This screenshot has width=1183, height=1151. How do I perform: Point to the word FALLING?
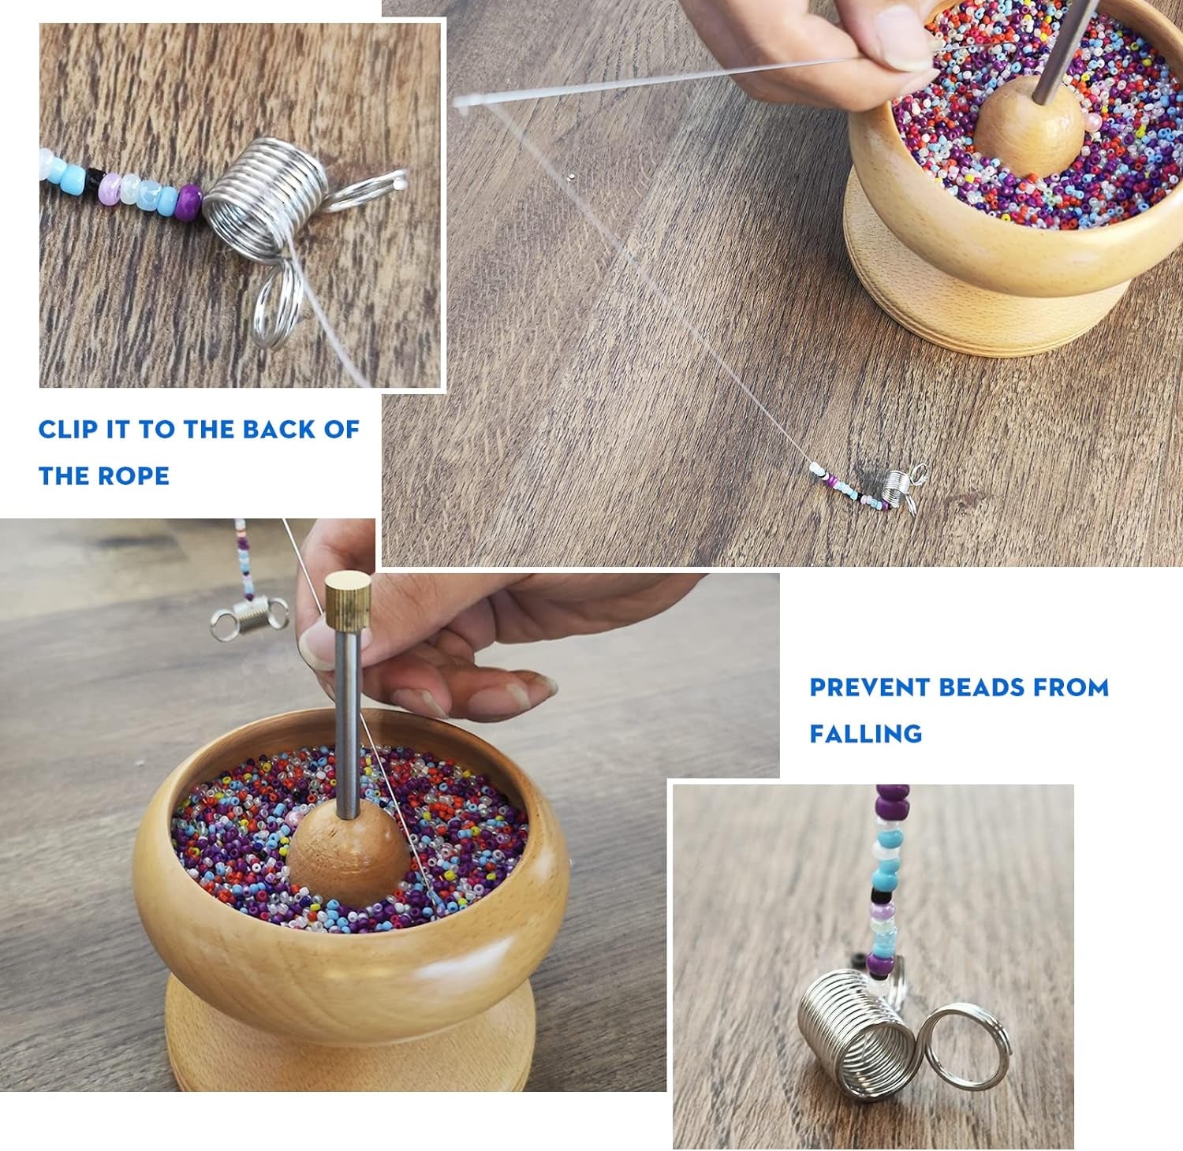(865, 734)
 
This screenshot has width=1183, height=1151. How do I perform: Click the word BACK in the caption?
(282, 430)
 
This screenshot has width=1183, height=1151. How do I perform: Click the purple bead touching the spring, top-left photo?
(190, 198)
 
